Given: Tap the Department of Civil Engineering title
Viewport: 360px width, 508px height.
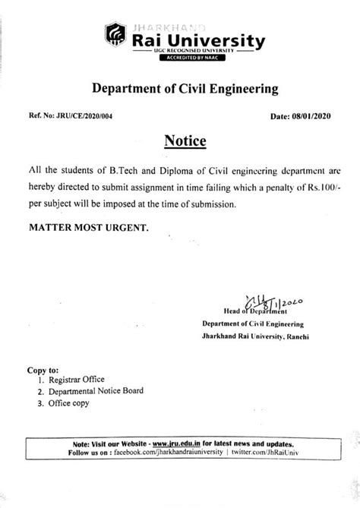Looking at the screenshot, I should pyautogui.click(x=185, y=89).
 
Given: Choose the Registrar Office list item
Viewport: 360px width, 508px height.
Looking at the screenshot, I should pyautogui.click(x=73, y=379).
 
